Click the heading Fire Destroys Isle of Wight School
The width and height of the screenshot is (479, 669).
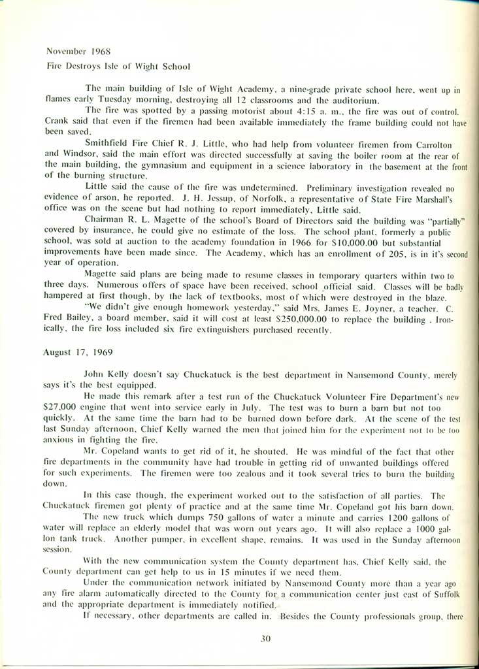coord(118,66)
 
